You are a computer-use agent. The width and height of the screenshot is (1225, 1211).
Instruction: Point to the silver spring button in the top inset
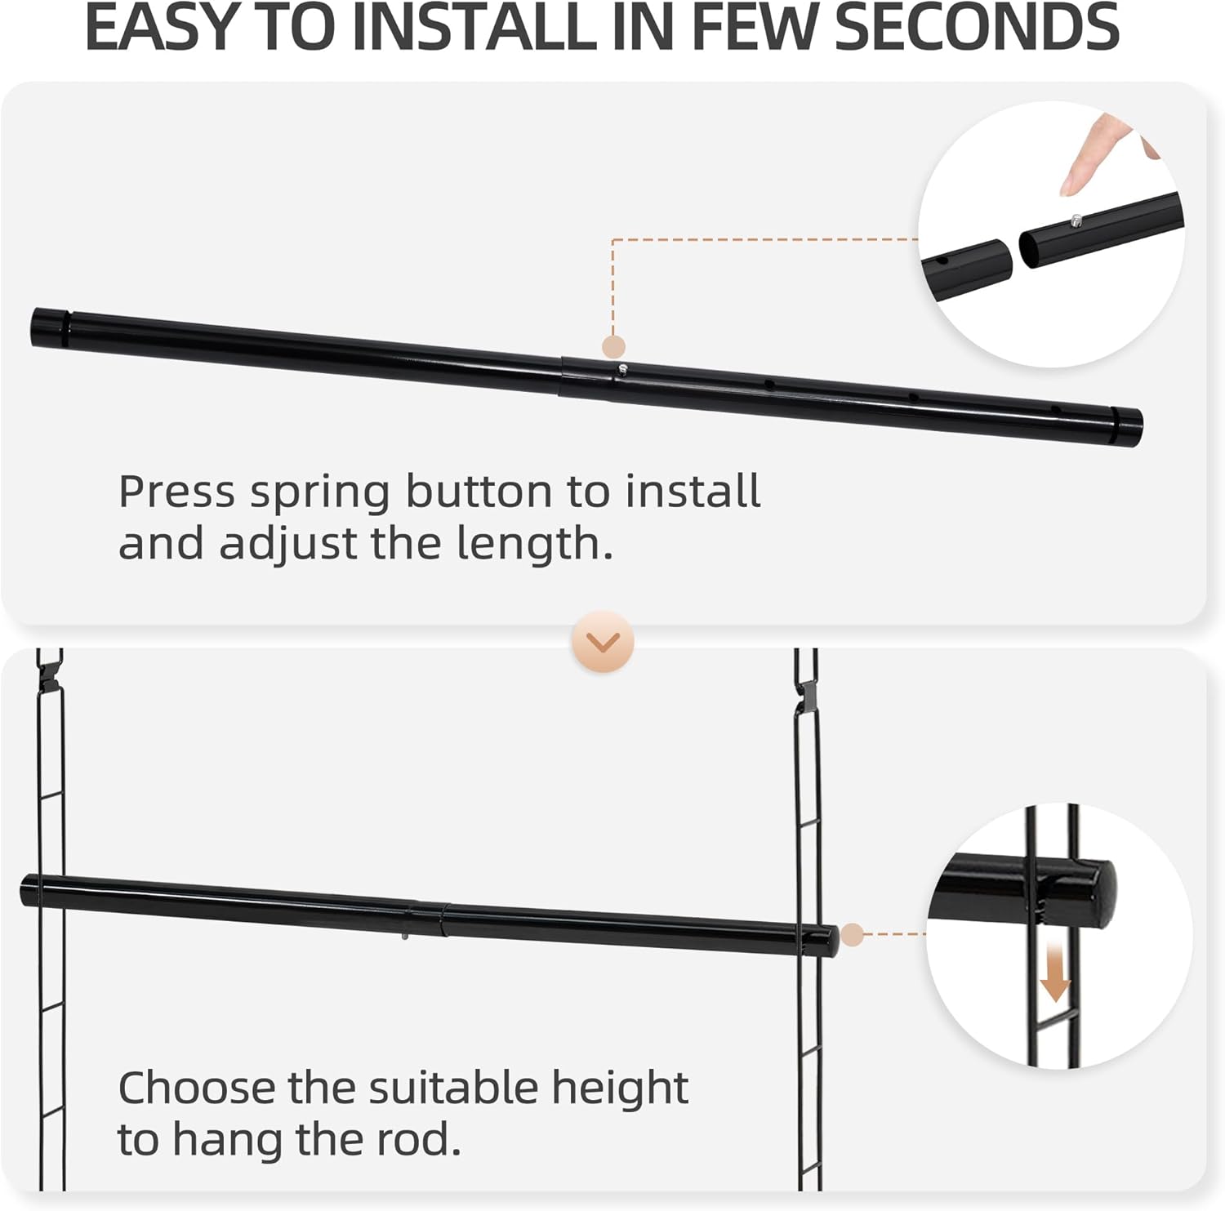1076,220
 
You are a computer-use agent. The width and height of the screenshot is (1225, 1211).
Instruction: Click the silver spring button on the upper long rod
622,369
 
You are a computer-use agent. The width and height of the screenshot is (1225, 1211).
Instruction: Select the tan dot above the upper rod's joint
613,345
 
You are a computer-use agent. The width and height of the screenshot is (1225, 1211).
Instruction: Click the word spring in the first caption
319,492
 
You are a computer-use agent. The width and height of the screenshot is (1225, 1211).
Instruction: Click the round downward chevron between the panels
604,642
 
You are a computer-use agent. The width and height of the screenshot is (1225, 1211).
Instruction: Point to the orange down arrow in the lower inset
1055,975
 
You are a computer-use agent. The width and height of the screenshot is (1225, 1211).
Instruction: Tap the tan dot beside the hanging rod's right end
852,934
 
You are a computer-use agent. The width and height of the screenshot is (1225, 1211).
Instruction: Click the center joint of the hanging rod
429,918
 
